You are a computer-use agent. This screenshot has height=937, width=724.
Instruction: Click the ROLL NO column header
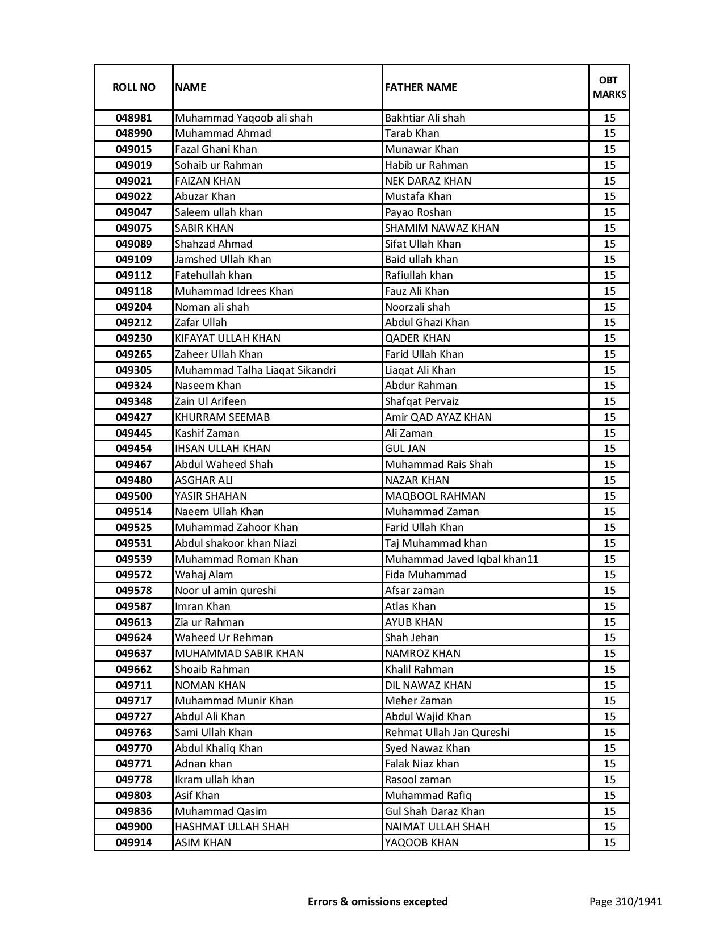point(133,87)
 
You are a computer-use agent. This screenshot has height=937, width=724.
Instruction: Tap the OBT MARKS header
point(609,87)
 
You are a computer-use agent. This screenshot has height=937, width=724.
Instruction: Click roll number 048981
point(133,118)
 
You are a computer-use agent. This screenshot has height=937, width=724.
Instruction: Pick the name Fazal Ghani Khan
point(216,149)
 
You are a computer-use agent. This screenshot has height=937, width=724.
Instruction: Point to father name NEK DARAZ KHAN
point(428,181)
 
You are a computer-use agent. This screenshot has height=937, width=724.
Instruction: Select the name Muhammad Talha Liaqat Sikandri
point(255,370)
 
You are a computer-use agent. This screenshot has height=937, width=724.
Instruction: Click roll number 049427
point(133,417)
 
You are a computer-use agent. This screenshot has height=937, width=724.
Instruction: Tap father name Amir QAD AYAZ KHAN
point(438,417)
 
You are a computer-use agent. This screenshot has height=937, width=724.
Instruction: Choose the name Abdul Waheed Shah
point(224,465)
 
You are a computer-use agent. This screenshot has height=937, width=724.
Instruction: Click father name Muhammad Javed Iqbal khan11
point(462,559)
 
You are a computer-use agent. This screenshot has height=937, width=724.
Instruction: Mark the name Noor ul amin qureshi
point(225,591)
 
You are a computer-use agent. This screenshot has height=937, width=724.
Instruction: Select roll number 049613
point(133,622)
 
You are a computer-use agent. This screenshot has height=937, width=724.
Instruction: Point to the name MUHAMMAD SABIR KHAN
point(239,654)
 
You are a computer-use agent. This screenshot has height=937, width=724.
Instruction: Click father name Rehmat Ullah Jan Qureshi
point(447,733)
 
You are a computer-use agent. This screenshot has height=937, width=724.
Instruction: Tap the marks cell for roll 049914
point(609,843)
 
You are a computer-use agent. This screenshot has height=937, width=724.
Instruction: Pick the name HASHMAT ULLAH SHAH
point(232,827)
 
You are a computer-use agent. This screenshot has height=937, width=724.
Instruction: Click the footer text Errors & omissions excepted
point(378,902)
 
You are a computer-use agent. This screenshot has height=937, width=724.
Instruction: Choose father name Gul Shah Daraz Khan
point(435,811)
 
